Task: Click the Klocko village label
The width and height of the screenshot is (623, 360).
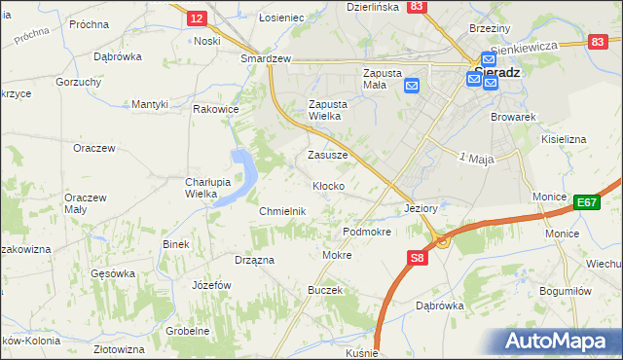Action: click(x=327, y=186)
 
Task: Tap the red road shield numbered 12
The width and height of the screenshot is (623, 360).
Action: click(x=197, y=18)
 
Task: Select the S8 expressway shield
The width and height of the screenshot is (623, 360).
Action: click(x=417, y=258)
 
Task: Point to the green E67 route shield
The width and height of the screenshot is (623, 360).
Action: click(x=586, y=202)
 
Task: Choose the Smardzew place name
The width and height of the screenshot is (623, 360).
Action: click(x=267, y=58)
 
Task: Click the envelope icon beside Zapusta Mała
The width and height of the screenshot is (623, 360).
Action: click(x=412, y=85)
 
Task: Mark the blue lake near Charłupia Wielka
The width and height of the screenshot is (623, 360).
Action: click(x=242, y=176)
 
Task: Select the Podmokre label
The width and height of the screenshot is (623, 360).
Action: click(x=367, y=233)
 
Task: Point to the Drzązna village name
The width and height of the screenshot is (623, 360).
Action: click(x=254, y=260)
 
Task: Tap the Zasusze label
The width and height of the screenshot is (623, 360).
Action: click(x=327, y=155)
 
